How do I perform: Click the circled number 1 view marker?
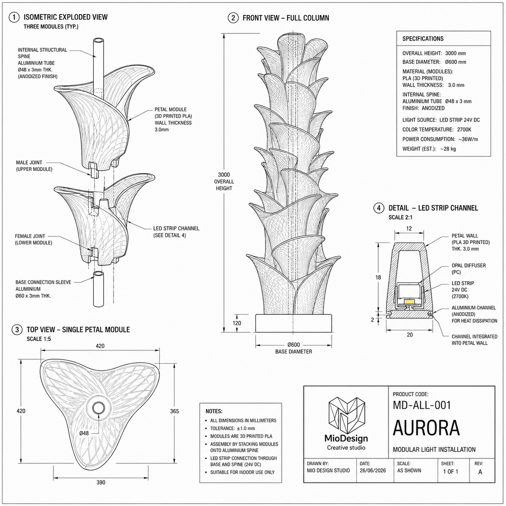pos(14,17)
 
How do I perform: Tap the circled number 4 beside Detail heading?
pos(378,208)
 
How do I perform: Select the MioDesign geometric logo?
pos(346,415)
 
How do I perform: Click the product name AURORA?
pos(426,428)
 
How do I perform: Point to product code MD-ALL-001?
pos(422,405)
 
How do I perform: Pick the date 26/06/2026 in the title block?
pos(372,470)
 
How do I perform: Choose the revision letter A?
pos(480,472)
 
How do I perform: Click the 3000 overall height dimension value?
pos(224,175)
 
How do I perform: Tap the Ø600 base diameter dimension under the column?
pos(294,345)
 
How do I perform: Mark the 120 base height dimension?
pos(236,323)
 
